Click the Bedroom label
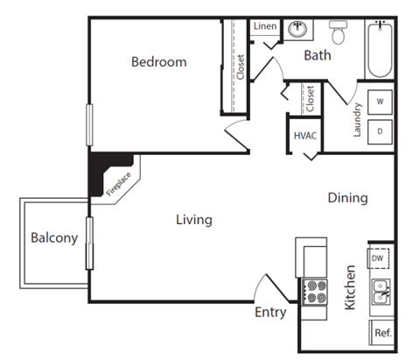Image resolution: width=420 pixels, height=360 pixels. pos(159,62)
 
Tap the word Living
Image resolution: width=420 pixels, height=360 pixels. pos(193,220)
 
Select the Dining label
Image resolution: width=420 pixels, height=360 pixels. pos(347,198)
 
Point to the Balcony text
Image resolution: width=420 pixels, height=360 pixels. pos(54,237)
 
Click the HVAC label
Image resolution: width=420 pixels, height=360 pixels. pos(304,136)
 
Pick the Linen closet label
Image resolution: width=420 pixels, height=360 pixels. pos(265,26)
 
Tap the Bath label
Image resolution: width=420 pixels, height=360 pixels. pos(317,55)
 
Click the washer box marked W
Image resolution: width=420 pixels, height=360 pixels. pos(381,102)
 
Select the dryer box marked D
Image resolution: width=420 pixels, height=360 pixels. pos(381,131)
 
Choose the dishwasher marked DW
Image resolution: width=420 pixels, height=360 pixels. pos(378,258)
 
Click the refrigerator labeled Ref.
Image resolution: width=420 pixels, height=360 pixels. pos(381,333)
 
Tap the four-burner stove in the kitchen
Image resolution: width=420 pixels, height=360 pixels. pos(312,292)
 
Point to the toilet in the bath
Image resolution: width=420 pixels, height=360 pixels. pos(339,33)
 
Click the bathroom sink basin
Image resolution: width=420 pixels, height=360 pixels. pos(297,28)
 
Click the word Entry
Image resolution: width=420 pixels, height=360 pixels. pos(269,312)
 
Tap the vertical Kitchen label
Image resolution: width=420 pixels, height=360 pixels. pos(350,288)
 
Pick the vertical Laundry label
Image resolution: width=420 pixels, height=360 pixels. pos(357,120)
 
